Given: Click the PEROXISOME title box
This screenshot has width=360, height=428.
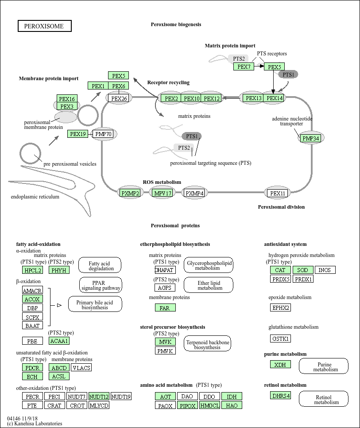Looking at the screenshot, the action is pos(45,26).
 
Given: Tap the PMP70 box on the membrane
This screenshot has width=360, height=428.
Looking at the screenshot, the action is pos(103,134).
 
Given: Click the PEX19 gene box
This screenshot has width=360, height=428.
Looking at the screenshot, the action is pos(78,134).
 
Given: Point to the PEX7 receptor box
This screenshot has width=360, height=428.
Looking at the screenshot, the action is pos(244,66).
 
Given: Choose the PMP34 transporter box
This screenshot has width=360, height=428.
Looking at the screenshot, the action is pos(310,138).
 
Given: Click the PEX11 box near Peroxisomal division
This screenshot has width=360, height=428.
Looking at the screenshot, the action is pos(277,193).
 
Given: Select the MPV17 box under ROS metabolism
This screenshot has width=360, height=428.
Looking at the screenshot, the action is pos(163,193).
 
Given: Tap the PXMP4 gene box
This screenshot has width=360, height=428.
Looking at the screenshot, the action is pos(194,193).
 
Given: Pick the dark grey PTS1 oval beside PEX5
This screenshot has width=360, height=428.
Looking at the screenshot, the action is pos(288,74).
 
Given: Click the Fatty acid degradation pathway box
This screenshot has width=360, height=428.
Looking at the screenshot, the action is pos(100,265).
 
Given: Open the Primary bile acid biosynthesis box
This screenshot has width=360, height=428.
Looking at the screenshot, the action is pos(95,304).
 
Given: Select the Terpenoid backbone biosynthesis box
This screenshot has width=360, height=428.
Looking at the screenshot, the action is pos(207,343).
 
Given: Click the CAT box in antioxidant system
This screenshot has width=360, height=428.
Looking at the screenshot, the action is pos(280,270).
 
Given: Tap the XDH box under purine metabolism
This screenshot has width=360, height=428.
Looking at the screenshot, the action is pos(280,364).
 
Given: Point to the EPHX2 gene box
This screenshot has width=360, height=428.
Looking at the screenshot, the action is pos(280,307).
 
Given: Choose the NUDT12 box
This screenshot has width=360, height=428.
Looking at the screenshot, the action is pos(99,397).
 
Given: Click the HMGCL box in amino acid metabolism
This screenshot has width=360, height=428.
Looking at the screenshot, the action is pos(209,405).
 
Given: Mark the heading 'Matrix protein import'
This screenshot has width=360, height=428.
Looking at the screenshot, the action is pos(230,46).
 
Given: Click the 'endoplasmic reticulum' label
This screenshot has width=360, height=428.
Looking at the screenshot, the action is pos(35,197).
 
